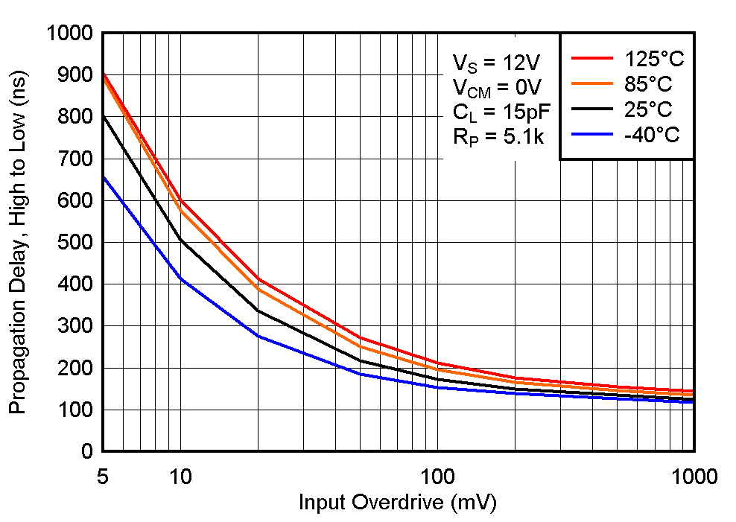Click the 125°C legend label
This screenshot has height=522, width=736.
click(650, 59)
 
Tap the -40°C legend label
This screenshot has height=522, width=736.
click(650, 135)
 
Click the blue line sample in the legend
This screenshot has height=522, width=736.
click(591, 135)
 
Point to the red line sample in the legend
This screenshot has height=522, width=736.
click(591, 58)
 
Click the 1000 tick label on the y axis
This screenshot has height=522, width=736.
click(69, 34)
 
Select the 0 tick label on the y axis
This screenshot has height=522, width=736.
click(86, 451)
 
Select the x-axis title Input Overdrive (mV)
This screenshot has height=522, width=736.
click(397, 503)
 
